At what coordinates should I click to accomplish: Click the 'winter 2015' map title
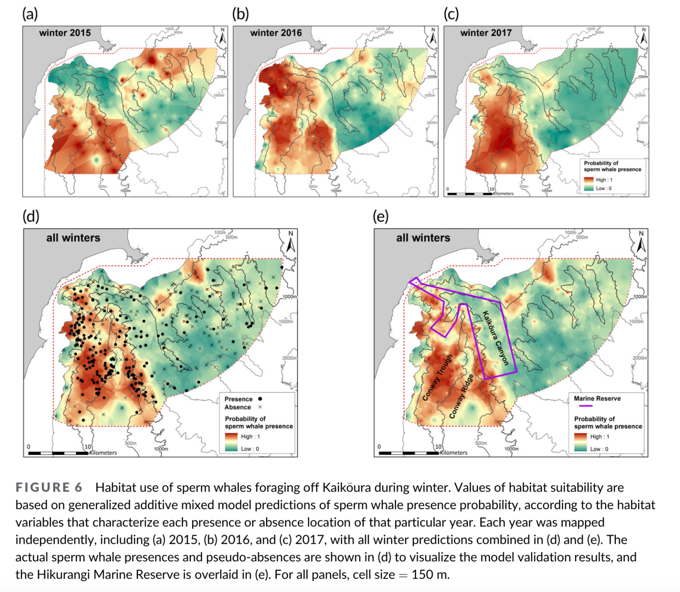click(x=65, y=33)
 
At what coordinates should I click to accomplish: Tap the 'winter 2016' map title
click(x=276, y=33)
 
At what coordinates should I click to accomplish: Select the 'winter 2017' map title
click(x=486, y=33)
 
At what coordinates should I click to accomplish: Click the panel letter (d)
click(x=31, y=216)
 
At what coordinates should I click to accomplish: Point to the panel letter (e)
click(x=380, y=216)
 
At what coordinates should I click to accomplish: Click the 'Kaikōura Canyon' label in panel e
click(x=495, y=338)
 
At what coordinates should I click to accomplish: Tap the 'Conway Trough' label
click(x=437, y=377)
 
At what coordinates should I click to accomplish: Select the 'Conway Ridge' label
click(x=462, y=396)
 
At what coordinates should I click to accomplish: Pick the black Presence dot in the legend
click(x=260, y=399)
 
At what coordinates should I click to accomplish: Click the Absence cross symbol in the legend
click(x=260, y=407)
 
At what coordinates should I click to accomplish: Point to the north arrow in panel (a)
click(x=222, y=36)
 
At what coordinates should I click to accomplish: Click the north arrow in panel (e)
click(x=641, y=242)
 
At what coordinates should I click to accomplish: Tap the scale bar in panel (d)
click(x=58, y=453)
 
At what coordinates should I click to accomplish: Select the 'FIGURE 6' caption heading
click(x=49, y=488)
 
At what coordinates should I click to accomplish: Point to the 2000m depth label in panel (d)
click(x=289, y=358)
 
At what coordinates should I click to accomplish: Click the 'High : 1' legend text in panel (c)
click(x=604, y=180)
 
